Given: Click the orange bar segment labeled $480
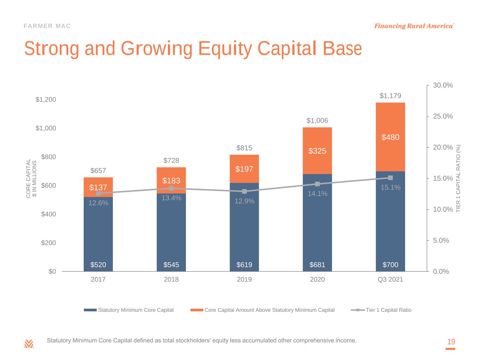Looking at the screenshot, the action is pos(390,137).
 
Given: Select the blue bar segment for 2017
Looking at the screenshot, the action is pos(98,234).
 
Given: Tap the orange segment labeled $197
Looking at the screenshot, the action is pos(244,169).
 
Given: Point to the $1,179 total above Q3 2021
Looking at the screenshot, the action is pos(390,96).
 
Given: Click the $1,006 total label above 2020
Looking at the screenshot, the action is pos(317,121).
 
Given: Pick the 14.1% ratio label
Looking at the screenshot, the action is pos(317,193).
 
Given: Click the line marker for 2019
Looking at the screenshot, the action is pos(244,192).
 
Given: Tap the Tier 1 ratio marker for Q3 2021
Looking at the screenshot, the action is pos(390,178).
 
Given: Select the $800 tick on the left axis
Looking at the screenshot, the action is pos(49,157).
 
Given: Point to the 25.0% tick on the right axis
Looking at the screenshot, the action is pos(443,116).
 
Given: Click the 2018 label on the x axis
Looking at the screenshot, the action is pos(171,279).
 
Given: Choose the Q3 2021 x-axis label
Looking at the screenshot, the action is pos(390,279).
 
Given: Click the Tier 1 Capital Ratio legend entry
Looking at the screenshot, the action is pos(381,310).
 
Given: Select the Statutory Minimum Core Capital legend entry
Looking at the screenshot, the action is pos(129,310).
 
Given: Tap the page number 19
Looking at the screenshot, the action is pos(451,341).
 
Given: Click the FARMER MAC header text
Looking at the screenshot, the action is pos(47,26).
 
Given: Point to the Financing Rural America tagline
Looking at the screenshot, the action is pos(414,26).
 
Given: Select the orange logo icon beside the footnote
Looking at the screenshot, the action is pos(29,344).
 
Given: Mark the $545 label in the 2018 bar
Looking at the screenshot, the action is pos(171,265).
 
